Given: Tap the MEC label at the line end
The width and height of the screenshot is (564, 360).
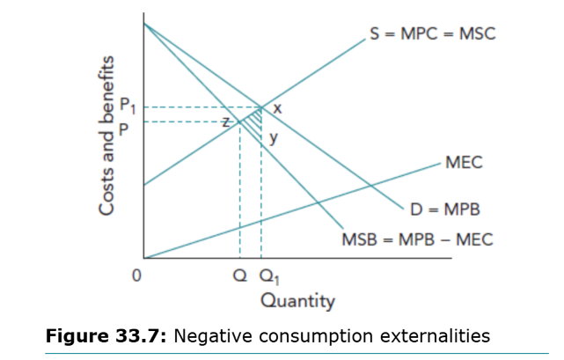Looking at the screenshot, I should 464,163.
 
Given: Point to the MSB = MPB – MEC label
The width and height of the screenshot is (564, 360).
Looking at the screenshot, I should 417,239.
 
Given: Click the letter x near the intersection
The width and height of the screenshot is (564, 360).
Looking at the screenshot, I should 277,108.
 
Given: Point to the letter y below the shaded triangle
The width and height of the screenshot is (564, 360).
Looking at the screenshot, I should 274,137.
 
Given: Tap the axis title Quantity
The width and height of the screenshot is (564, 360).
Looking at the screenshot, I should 298,302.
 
